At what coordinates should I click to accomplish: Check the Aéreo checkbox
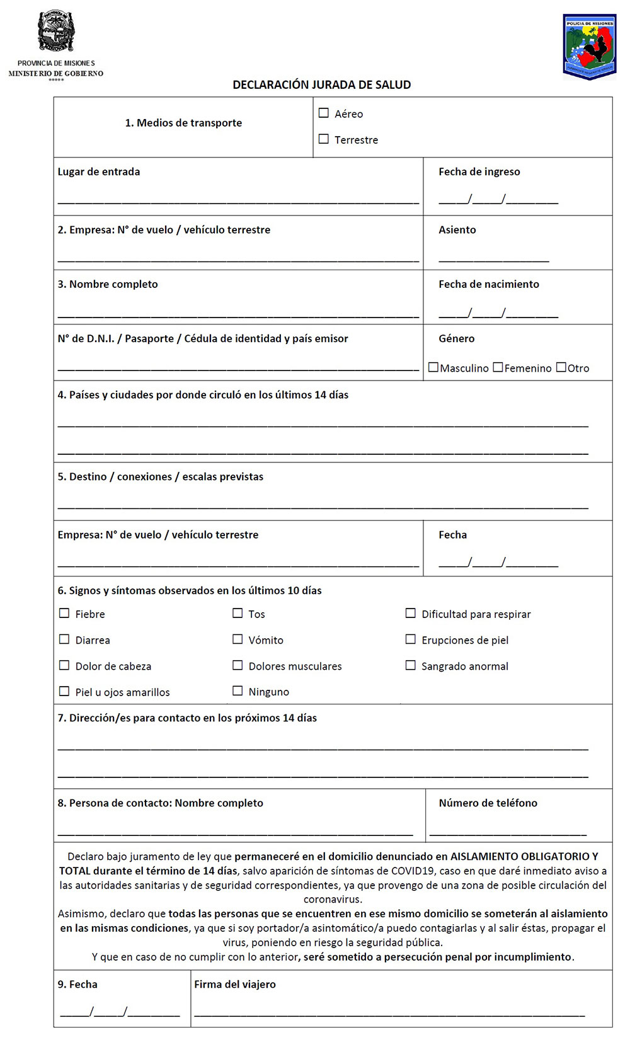(324, 113)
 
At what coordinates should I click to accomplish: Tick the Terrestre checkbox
(324, 139)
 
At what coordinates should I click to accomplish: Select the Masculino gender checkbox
(433, 367)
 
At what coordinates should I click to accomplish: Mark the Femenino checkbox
(498, 367)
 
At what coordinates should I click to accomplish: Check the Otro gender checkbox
(561, 367)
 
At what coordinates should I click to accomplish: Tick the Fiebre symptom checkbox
(64, 614)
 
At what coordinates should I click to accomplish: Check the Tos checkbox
(238, 614)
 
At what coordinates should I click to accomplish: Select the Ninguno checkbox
(238, 691)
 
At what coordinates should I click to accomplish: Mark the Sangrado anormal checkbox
(411, 665)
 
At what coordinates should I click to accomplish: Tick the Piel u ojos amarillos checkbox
(64, 692)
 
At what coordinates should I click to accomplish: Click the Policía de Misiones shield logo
(589, 47)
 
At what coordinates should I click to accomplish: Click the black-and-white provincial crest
(56, 31)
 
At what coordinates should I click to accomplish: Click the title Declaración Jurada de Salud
(321, 84)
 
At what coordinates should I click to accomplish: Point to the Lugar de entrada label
(99, 171)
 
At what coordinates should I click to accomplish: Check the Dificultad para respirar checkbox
(411, 614)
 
